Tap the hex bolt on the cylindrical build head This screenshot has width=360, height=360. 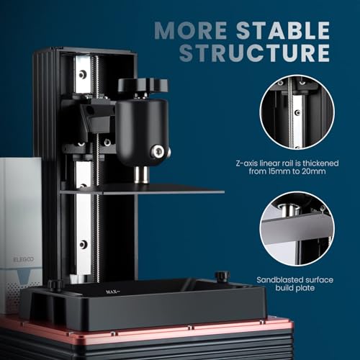pos(156,151)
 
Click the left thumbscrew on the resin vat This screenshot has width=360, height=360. pos(54,285)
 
